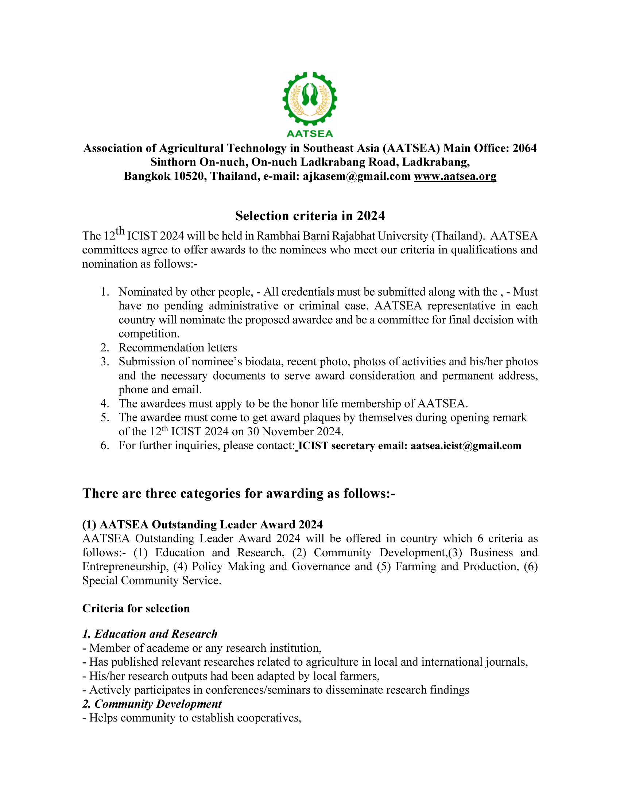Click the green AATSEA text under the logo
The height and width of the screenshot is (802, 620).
point(310,134)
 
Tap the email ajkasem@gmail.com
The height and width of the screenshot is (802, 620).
point(356,176)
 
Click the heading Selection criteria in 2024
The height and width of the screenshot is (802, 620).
point(310,216)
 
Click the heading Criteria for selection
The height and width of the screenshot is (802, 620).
point(136,608)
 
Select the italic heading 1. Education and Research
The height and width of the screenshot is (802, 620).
point(150,634)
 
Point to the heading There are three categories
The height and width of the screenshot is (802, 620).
point(239,493)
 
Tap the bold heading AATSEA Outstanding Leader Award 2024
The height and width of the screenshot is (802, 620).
point(202,524)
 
